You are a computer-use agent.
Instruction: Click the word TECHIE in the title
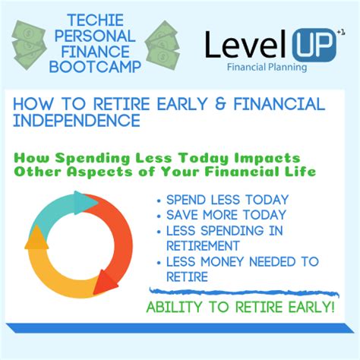(x=96, y=21)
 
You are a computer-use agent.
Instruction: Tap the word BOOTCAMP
(x=95, y=67)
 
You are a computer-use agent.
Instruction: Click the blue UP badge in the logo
(x=314, y=45)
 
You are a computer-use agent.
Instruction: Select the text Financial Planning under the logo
(x=267, y=68)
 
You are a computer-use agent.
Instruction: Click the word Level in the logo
(x=247, y=44)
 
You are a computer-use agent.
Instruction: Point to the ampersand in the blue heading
(x=220, y=104)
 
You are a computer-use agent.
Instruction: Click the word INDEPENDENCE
(x=77, y=120)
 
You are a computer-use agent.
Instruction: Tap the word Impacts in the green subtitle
(x=267, y=159)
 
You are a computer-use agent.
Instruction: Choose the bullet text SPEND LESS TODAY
(x=227, y=200)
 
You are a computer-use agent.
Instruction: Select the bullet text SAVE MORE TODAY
(x=226, y=215)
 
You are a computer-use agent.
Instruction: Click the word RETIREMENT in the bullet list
(x=203, y=246)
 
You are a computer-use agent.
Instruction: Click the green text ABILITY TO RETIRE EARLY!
(x=241, y=307)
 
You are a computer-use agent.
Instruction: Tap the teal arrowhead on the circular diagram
(x=85, y=203)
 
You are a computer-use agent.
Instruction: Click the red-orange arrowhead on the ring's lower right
(x=105, y=283)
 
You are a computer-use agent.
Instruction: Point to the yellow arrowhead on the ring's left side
(x=37, y=238)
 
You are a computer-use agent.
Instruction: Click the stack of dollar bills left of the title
(x=29, y=45)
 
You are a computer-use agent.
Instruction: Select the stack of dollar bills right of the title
(x=163, y=45)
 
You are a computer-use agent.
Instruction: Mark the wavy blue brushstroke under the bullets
(x=244, y=292)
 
